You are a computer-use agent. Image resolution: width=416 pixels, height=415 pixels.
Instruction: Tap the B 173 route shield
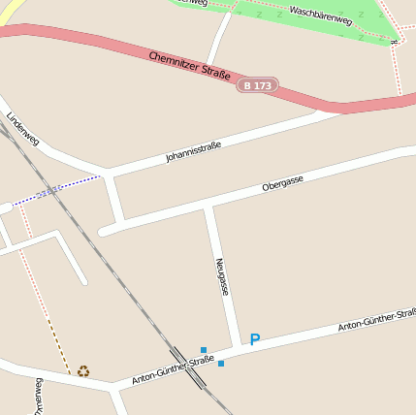(x=258, y=85)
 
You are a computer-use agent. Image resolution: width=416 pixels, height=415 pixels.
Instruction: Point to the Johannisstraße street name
(x=193, y=151)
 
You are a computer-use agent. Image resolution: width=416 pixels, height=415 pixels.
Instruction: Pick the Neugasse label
(x=222, y=276)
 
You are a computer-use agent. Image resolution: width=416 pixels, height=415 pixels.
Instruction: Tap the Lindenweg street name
(x=20, y=129)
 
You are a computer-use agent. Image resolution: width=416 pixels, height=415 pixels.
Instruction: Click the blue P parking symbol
(x=255, y=340)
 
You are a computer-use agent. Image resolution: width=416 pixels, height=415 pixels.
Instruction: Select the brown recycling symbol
(x=83, y=370)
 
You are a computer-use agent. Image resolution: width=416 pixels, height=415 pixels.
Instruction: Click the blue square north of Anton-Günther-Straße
(x=204, y=349)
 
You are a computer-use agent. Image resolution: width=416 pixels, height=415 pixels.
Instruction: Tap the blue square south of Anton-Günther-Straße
(x=221, y=364)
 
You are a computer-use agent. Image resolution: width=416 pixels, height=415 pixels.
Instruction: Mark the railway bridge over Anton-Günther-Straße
(x=189, y=367)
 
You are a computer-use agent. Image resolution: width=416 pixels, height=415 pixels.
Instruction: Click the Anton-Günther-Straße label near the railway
(x=173, y=369)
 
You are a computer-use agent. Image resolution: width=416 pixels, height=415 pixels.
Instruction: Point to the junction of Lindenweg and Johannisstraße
(x=110, y=173)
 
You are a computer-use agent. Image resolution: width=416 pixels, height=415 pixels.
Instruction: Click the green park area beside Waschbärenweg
(x=291, y=19)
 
